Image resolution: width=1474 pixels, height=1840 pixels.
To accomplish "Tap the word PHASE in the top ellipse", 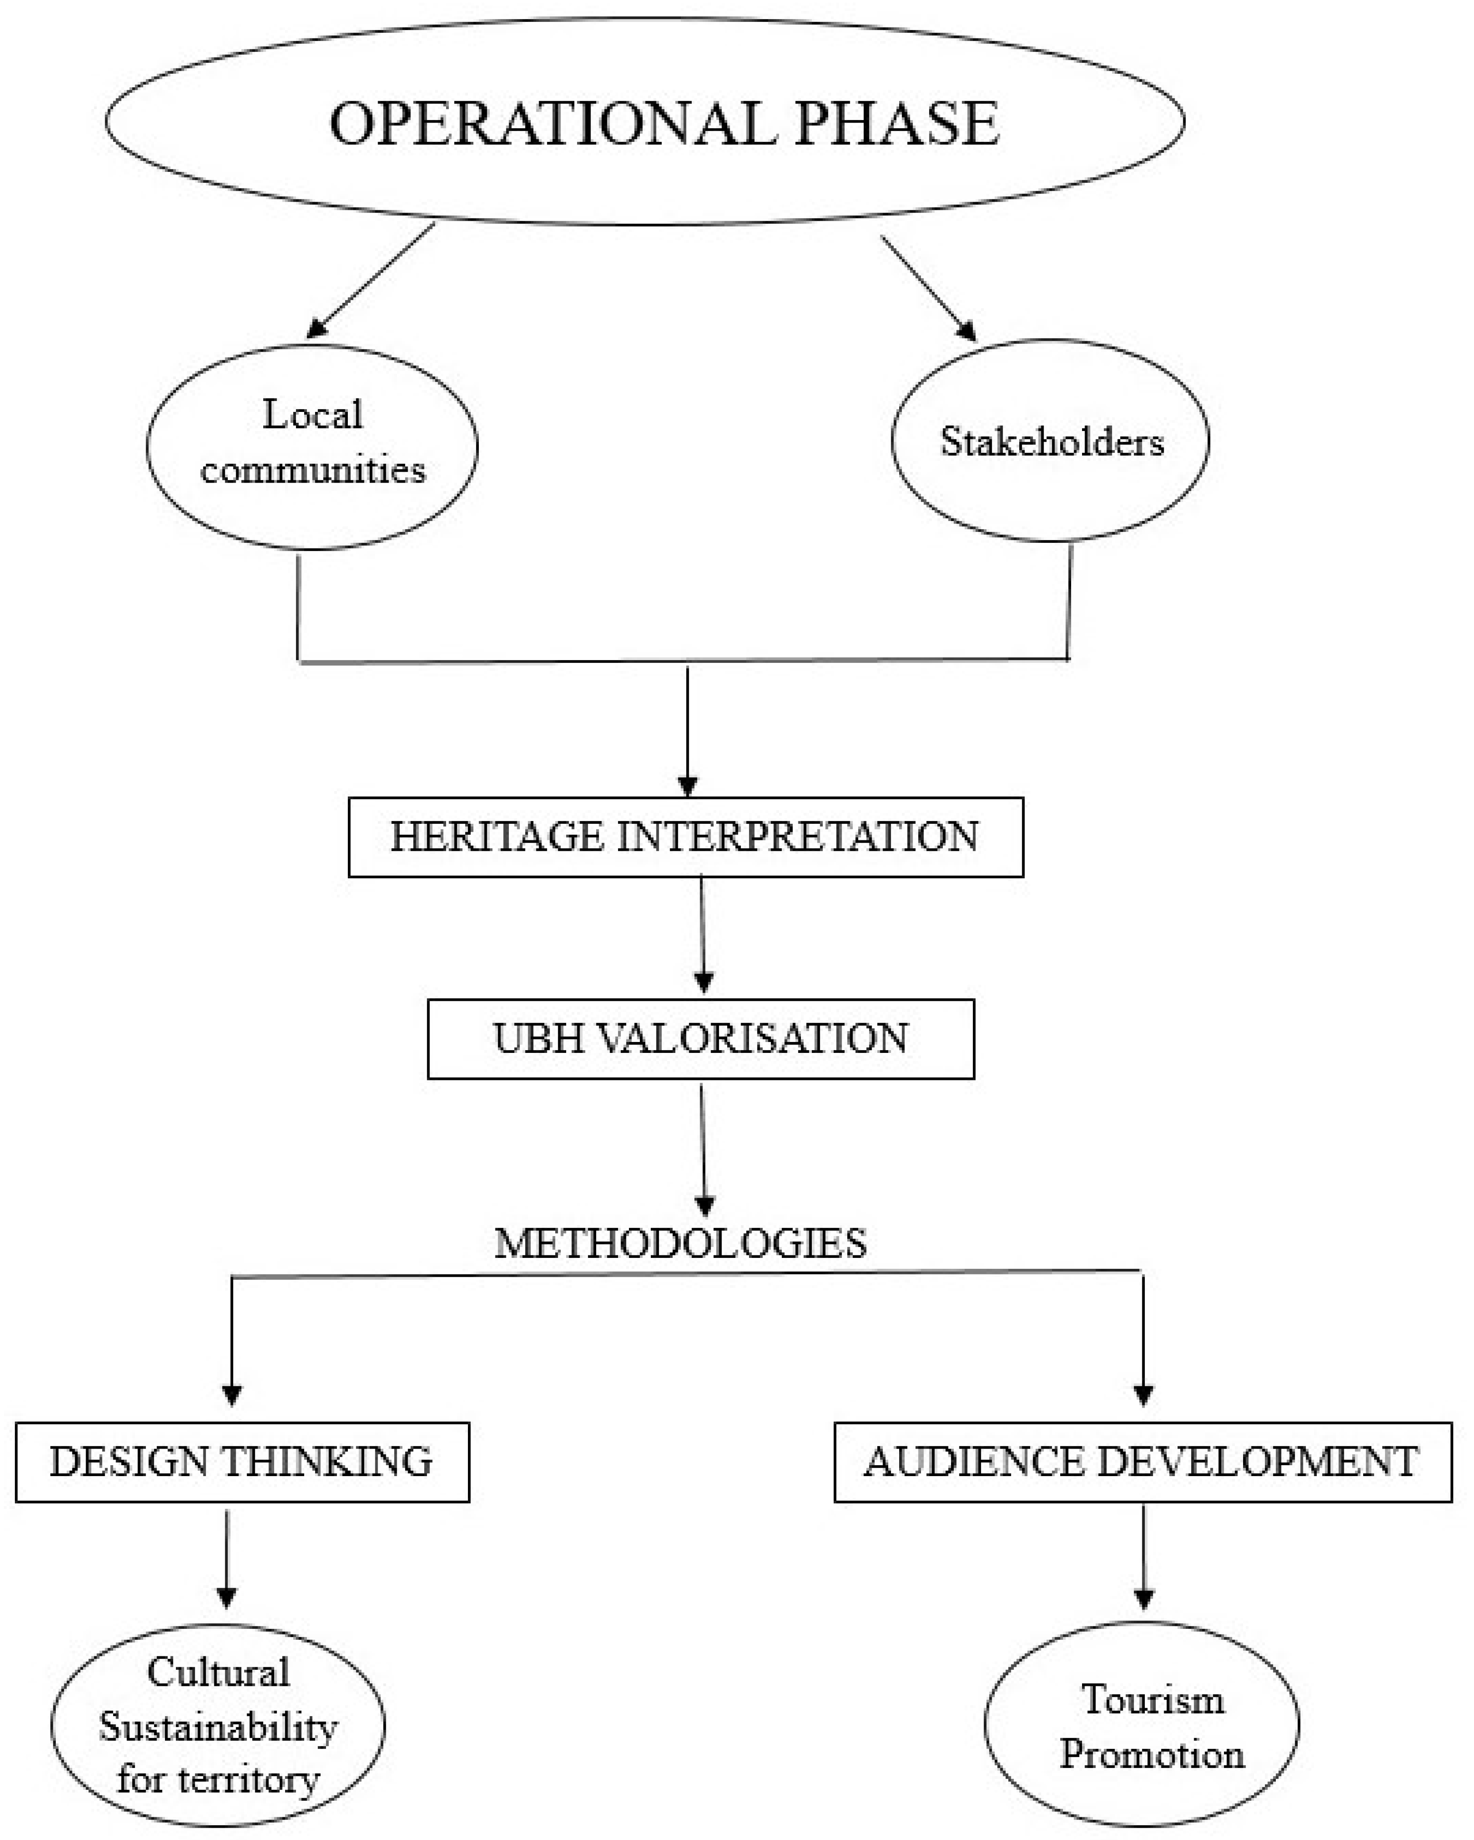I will pyautogui.click(x=896, y=124).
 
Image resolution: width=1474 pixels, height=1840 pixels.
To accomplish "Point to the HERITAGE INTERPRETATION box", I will pyautogui.click(x=685, y=837).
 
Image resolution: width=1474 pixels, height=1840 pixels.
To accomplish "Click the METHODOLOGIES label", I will pyautogui.click(x=680, y=1243).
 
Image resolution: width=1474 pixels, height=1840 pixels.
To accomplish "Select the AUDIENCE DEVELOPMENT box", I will pyautogui.click(x=1142, y=1462).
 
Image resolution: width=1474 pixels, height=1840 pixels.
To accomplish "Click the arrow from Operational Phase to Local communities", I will pyautogui.click(x=371, y=280).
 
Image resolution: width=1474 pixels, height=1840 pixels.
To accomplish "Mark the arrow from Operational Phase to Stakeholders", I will pyautogui.click(x=928, y=288).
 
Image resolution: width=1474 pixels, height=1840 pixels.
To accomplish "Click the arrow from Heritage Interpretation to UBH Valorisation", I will pyautogui.click(x=702, y=935).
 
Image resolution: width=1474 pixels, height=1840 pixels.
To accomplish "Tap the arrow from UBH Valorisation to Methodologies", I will pyautogui.click(x=703, y=1148).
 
